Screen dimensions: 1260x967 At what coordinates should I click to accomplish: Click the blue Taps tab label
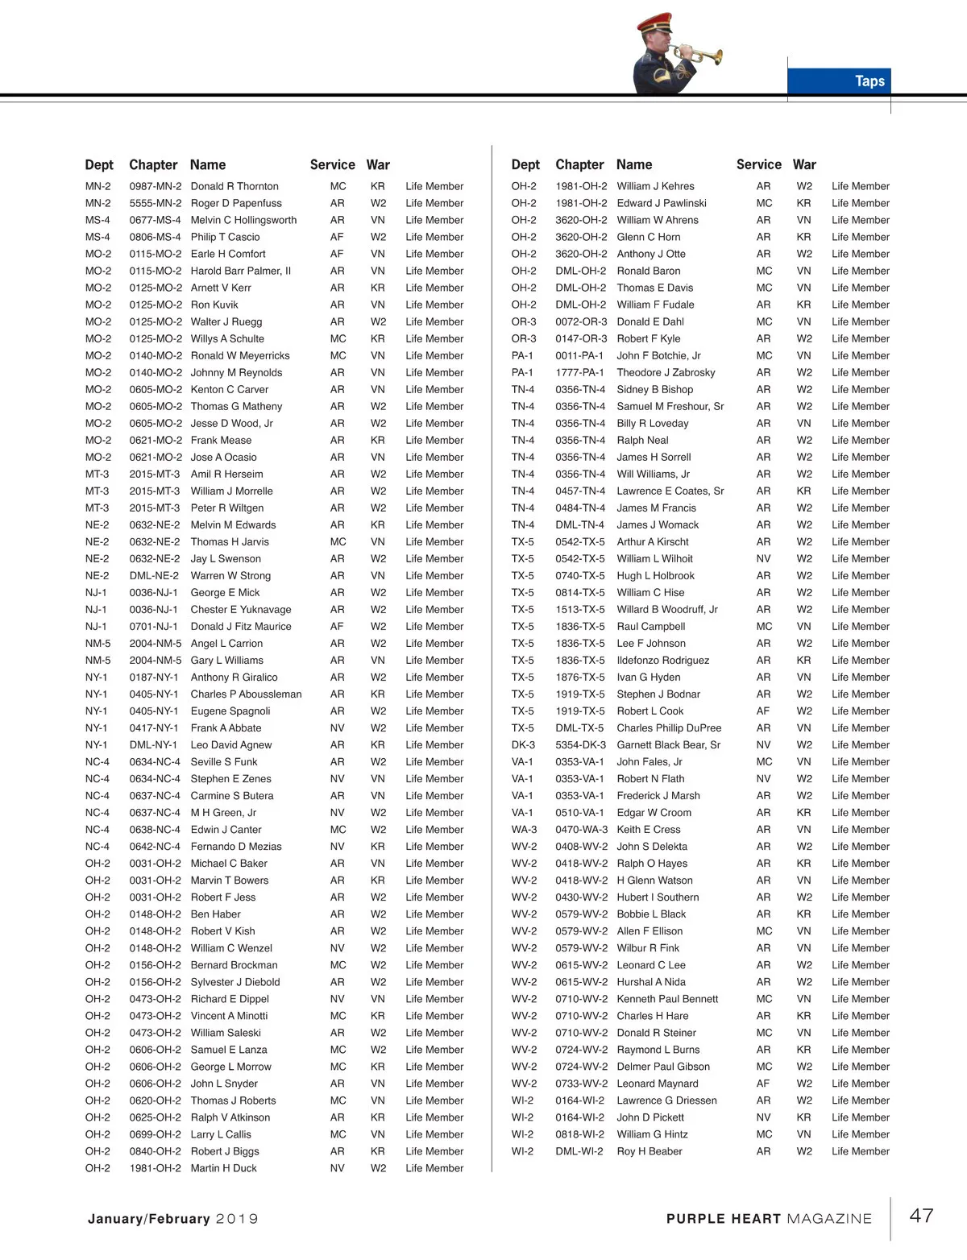[869, 81]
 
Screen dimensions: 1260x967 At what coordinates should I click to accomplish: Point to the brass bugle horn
[703, 55]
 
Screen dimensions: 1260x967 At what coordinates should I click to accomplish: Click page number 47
[921, 1216]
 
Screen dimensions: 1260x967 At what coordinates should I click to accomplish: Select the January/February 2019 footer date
[172, 1219]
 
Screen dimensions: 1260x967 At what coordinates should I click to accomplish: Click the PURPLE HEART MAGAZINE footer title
[769, 1219]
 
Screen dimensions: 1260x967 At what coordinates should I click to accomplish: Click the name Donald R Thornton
[234, 186]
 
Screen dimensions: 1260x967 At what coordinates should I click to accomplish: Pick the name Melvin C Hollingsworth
[243, 220]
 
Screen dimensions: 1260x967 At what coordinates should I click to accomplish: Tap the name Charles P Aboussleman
[246, 694]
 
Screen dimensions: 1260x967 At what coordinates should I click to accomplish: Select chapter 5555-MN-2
[155, 203]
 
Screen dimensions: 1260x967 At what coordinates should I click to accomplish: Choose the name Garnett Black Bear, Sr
[668, 744]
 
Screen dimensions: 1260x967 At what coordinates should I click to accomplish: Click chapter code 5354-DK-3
[580, 744]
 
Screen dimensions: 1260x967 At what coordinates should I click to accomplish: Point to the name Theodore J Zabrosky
[666, 372]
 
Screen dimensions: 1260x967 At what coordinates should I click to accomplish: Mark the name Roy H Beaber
[649, 1151]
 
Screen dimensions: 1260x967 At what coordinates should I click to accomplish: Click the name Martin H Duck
[223, 1168]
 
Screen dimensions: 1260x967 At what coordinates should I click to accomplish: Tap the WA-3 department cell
[524, 829]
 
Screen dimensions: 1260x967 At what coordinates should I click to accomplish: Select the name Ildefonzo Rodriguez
[662, 660]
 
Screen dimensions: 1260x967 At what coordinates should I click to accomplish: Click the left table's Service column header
[332, 164]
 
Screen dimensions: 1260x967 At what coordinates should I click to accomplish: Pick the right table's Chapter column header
[579, 164]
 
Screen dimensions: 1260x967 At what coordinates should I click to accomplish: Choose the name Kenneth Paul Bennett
[667, 999]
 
